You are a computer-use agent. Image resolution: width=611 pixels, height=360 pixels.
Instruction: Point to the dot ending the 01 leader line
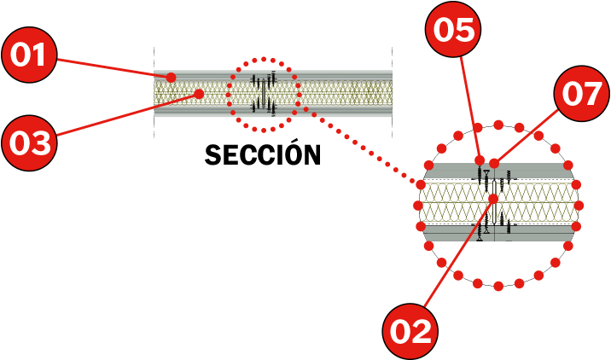[171, 78]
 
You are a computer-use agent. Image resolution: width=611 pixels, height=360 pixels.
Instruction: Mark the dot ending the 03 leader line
[198, 94]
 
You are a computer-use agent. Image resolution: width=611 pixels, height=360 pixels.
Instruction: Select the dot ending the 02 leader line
[493, 199]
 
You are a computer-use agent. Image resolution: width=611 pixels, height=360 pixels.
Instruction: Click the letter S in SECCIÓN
[212, 155]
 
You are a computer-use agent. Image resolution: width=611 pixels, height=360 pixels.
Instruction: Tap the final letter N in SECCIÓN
[311, 155]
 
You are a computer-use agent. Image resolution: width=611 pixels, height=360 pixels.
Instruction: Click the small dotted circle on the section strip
[265, 94]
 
